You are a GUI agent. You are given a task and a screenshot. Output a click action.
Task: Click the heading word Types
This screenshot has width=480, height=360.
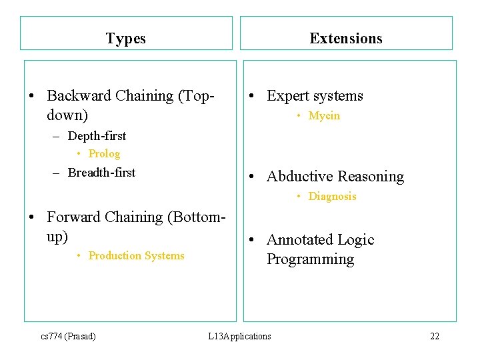click(125, 39)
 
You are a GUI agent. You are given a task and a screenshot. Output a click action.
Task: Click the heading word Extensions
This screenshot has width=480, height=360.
click(346, 38)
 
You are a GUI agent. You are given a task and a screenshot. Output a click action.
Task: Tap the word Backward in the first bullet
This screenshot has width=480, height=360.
click(79, 96)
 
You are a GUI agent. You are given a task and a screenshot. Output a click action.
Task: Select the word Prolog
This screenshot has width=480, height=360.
click(104, 154)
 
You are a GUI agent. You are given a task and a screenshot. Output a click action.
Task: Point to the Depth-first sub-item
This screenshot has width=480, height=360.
click(97, 136)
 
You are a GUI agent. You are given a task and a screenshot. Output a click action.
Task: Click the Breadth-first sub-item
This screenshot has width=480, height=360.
click(101, 173)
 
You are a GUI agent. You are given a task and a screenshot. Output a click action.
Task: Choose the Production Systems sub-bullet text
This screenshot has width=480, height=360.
click(136, 256)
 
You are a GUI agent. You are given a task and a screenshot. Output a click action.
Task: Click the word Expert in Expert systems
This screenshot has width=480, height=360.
click(287, 96)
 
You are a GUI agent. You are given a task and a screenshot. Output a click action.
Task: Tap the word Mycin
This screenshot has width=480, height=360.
click(324, 116)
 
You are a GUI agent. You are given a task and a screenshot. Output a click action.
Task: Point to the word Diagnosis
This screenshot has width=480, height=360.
click(332, 197)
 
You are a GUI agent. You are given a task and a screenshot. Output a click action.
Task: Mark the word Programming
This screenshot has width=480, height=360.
click(310, 259)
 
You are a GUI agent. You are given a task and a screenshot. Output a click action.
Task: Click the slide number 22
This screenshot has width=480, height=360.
click(435, 336)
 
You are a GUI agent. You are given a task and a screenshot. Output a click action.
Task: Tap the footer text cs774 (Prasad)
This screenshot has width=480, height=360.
click(68, 336)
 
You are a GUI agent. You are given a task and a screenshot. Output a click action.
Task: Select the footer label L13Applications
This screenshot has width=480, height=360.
click(239, 336)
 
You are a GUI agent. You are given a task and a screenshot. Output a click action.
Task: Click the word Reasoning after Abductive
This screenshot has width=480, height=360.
click(372, 177)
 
